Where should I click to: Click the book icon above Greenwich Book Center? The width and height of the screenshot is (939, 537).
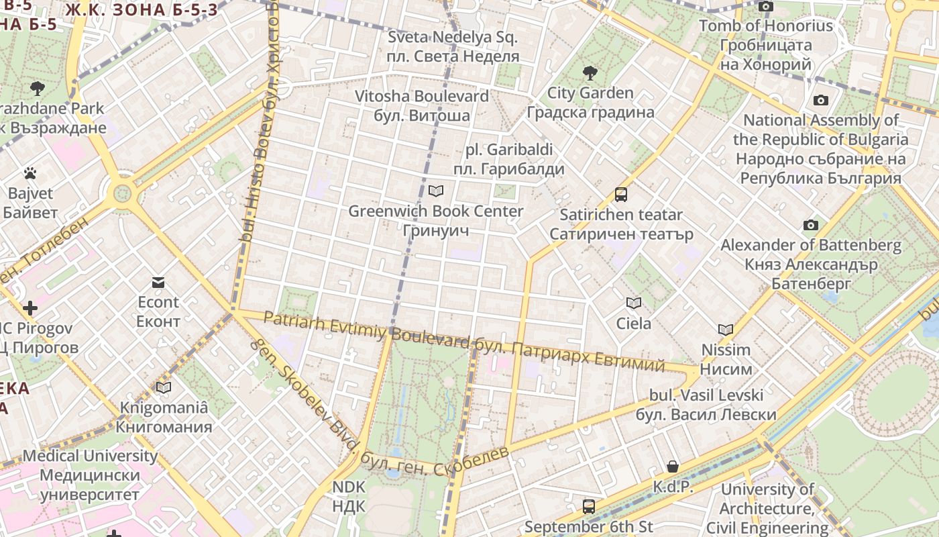point(436,191)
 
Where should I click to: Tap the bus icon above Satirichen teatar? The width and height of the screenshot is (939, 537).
point(621,195)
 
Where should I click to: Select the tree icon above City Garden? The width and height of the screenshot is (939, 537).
point(590,72)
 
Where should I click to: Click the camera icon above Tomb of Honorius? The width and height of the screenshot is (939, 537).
point(765,7)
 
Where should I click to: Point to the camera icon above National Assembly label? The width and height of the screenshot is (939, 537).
point(821,101)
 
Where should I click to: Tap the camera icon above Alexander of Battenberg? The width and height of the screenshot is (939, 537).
point(811,226)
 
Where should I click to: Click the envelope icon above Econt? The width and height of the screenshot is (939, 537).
point(158,283)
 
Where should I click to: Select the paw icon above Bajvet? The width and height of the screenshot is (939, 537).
point(30,174)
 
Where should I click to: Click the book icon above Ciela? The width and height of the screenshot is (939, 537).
point(634,303)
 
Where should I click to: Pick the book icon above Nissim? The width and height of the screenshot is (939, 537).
point(726,330)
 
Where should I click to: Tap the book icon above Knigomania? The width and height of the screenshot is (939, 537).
point(164,388)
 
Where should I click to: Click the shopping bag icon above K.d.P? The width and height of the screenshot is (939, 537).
point(673,467)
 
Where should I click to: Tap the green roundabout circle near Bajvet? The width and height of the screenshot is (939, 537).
point(123,193)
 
